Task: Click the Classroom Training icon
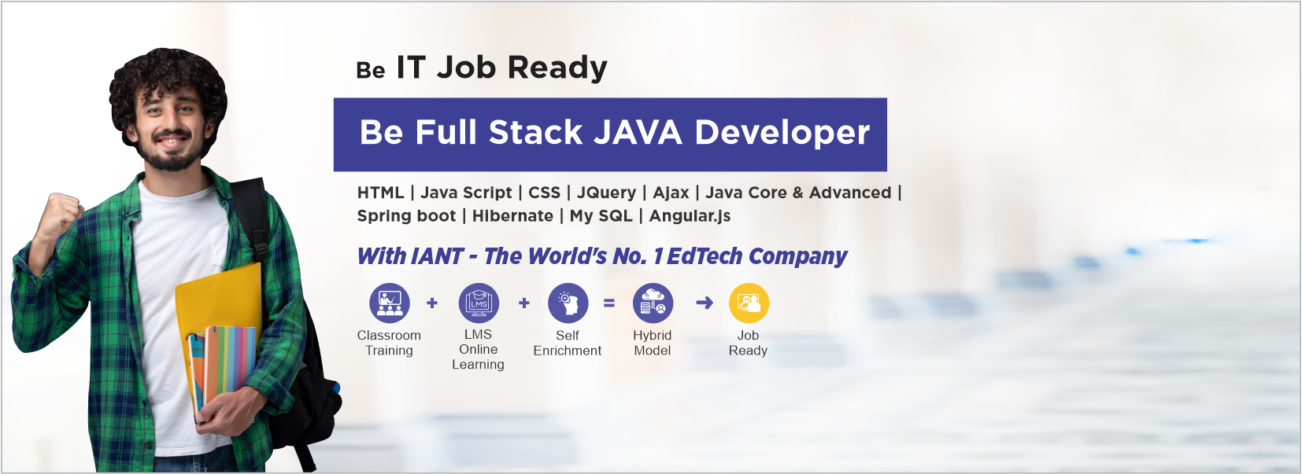click(390, 303)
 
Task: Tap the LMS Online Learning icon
click(479, 303)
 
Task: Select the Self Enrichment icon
click(568, 303)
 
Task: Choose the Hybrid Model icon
click(653, 303)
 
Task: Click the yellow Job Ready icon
click(748, 303)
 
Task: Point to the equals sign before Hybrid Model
click(609, 303)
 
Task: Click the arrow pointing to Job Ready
click(705, 303)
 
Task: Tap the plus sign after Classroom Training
click(432, 303)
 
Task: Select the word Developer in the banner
click(782, 132)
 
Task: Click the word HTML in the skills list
click(380, 193)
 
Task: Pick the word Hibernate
click(512, 216)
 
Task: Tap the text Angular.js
click(690, 216)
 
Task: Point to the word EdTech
click(705, 256)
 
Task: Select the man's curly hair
click(168, 75)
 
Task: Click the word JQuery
click(606, 193)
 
